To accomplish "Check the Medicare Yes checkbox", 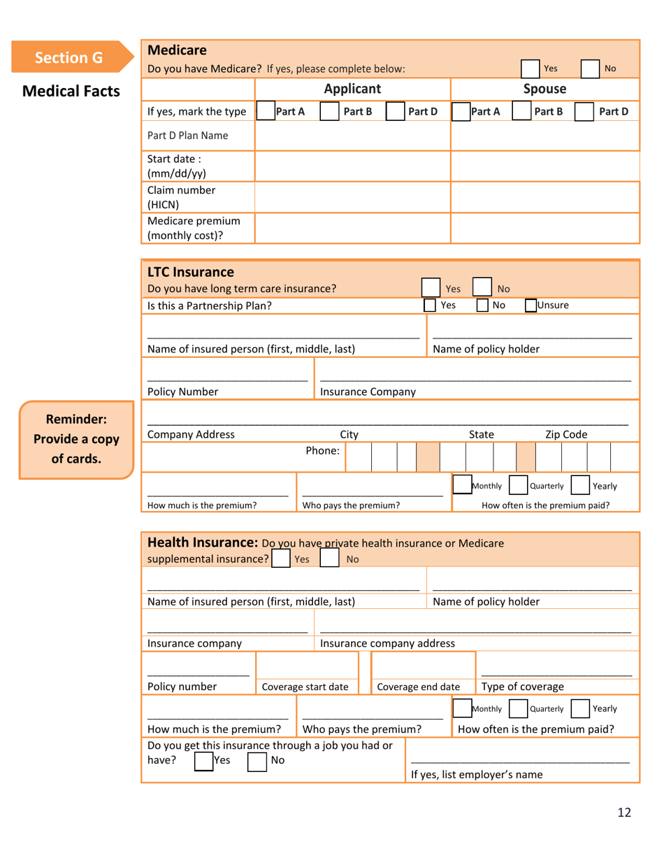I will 533,69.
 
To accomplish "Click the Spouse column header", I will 545,89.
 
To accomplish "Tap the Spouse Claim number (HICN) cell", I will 545,197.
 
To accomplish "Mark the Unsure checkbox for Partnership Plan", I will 531,306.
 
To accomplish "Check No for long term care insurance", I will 484,287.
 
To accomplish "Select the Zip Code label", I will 566,435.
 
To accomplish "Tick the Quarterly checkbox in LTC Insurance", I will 518,485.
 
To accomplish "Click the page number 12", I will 624,812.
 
